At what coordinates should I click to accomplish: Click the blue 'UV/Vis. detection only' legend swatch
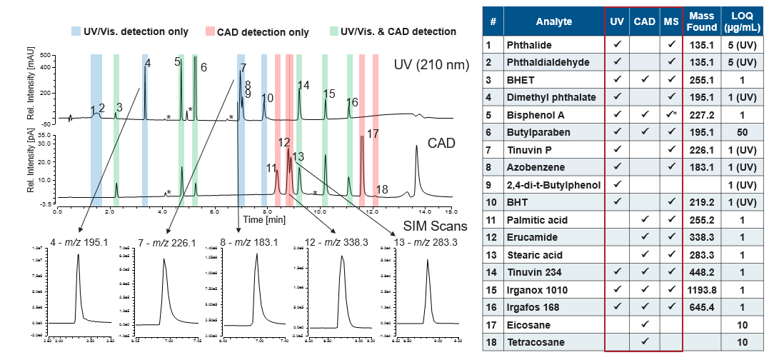coord(76,31)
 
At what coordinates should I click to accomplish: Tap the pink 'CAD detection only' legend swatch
coord(209,31)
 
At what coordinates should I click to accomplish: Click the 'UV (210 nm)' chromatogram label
coord(431,65)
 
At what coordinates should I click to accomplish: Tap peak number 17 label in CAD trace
coord(372,134)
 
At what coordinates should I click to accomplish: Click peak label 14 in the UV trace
coord(303,86)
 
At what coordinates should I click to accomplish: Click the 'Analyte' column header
coord(554,22)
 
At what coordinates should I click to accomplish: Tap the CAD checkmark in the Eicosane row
coord(644,324)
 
